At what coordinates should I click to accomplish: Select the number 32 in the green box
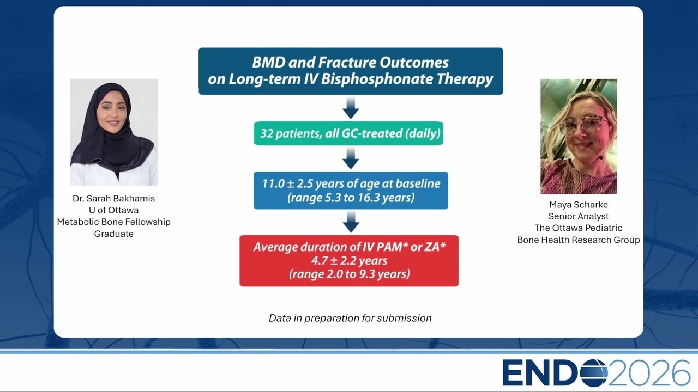[x=267, y=133]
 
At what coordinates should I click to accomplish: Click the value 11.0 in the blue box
[x=273, y=183]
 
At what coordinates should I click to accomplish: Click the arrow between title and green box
[x=351, y=108]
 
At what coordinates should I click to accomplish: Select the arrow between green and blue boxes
[x=351, y=158]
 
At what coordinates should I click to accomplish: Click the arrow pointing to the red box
[x=351, y=222]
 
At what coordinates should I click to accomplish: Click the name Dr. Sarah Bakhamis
[x=114, y=199]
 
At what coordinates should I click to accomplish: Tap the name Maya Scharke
[x=579, y=205]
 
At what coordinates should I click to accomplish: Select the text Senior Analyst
[x=579, y=216]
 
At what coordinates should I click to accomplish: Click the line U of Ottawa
[x=114, y=210]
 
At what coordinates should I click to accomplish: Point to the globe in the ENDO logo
[x=593, y=373]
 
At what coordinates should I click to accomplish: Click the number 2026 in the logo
[x=649, y=373]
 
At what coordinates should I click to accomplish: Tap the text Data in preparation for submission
[x=350, y=318]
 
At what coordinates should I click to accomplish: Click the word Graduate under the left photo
[x=114, y=234]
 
